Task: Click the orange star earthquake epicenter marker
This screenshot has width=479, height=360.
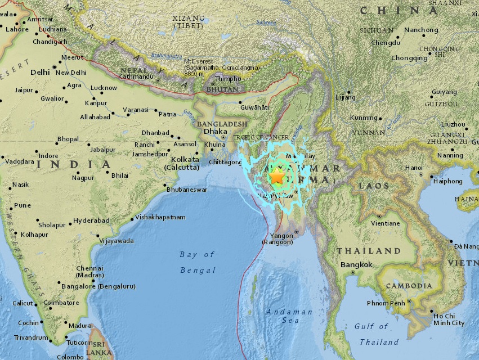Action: point(277,177)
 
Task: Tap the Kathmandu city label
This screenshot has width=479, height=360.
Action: point(136,76)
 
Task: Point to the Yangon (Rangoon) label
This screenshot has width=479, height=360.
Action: point(277,239)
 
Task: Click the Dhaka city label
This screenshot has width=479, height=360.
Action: point(216,131)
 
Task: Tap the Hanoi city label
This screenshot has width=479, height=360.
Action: point(413,168)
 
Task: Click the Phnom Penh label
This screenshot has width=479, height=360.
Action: point(386,303)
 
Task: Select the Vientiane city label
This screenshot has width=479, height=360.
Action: point(384,223)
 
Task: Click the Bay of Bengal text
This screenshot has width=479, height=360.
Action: point(198,262)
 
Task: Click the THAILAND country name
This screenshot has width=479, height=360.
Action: point(369,250)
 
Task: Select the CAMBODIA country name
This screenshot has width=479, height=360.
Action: point(408,286)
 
